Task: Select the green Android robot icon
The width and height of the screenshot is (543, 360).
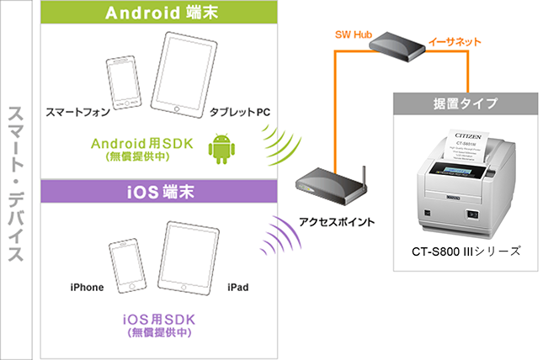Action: click(x=221, y=148)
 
